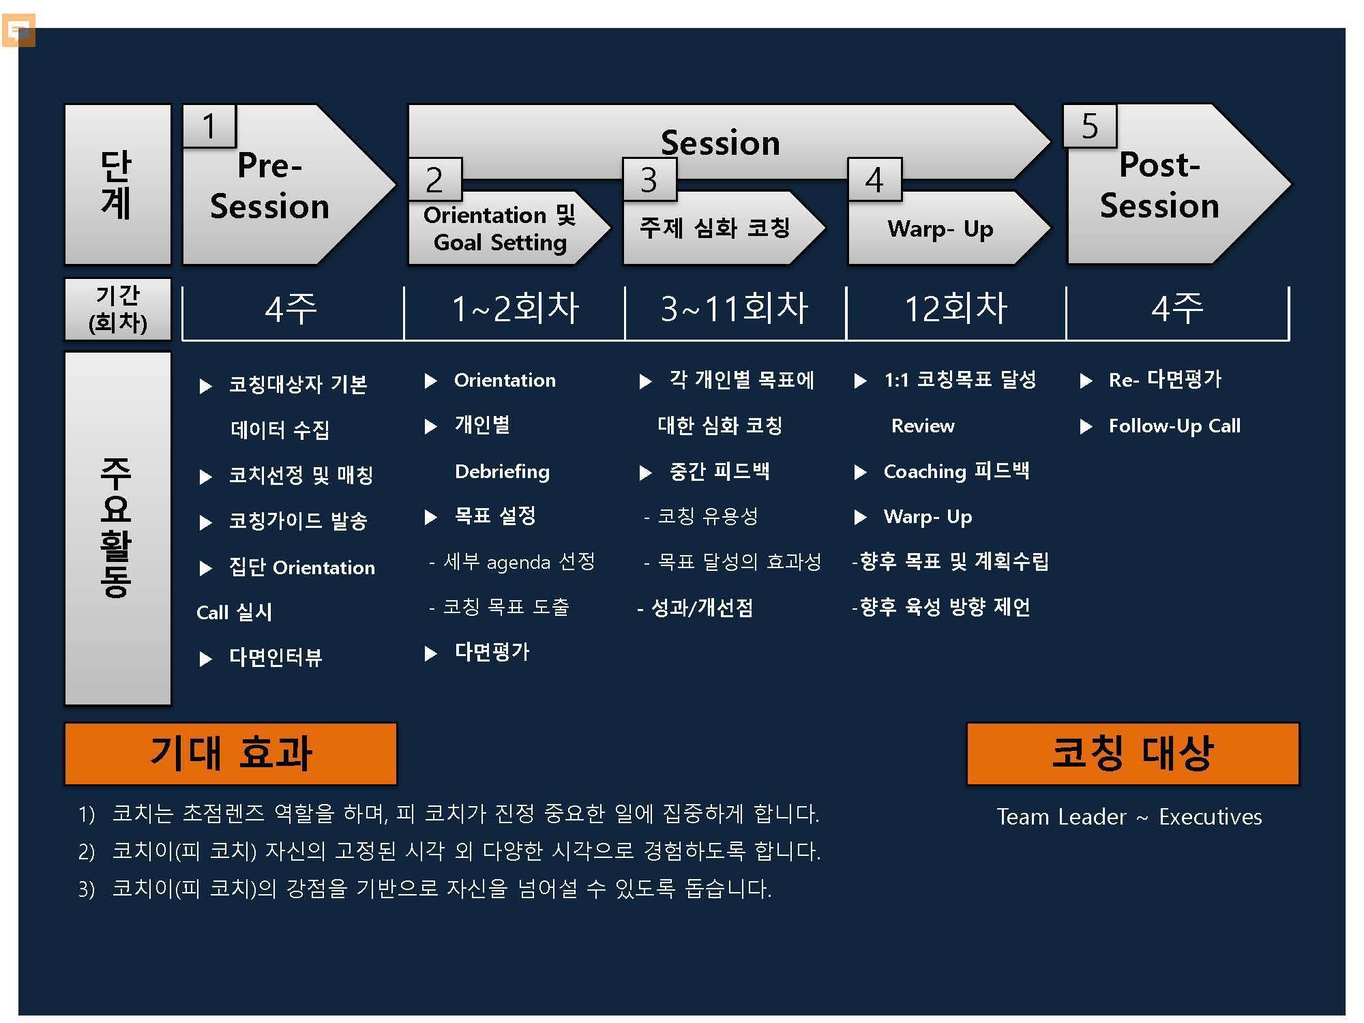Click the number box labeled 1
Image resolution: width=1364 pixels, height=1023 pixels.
point(209,126)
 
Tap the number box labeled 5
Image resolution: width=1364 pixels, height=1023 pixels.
point(1090,126)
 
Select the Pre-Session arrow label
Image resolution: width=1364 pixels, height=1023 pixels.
point(269,186)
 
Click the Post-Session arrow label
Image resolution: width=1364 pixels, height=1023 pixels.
point(1159,185)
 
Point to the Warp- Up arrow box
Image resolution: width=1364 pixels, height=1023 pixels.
point(948,228)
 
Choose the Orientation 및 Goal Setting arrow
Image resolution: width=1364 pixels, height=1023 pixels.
point(508,228)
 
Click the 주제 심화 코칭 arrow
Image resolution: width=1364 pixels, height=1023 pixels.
point(723,228)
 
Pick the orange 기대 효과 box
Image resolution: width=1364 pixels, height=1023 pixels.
point(231,754)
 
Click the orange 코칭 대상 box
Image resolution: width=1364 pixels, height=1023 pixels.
point(1133,754)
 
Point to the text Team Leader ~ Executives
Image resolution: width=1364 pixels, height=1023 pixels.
point(1129,816)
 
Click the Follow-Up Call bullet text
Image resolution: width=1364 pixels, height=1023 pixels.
point(1174,426)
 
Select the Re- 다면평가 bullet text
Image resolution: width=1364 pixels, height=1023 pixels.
point(1165,380)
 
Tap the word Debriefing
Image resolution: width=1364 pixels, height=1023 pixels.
point(502,472)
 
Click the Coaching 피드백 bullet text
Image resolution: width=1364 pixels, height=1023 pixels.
point(956,471)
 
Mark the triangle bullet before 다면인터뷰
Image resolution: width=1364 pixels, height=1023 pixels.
point(205,659)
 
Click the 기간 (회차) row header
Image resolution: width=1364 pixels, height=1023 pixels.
point(117,309)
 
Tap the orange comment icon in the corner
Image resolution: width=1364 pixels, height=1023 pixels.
point(18,31)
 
